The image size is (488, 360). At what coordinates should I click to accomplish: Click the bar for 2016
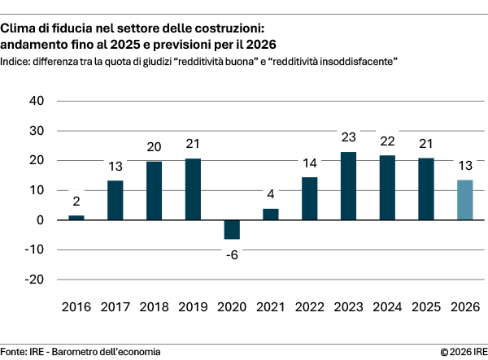(x=76, y=218)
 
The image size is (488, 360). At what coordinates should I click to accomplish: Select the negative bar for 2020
(x=232, y=229)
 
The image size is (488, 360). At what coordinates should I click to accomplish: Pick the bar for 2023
(x=349, y=186)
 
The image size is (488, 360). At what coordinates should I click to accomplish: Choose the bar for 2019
(x=193, y=189)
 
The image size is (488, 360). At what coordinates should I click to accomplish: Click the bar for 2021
(x=271, y=215)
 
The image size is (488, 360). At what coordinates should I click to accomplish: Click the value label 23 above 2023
(x=349, y=137)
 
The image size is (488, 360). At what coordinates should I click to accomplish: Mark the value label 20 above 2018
(x=155, y=147)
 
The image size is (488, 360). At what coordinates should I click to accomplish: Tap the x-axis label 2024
(x=388, y=308)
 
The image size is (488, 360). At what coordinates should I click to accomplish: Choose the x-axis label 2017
(x=115, y=308)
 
